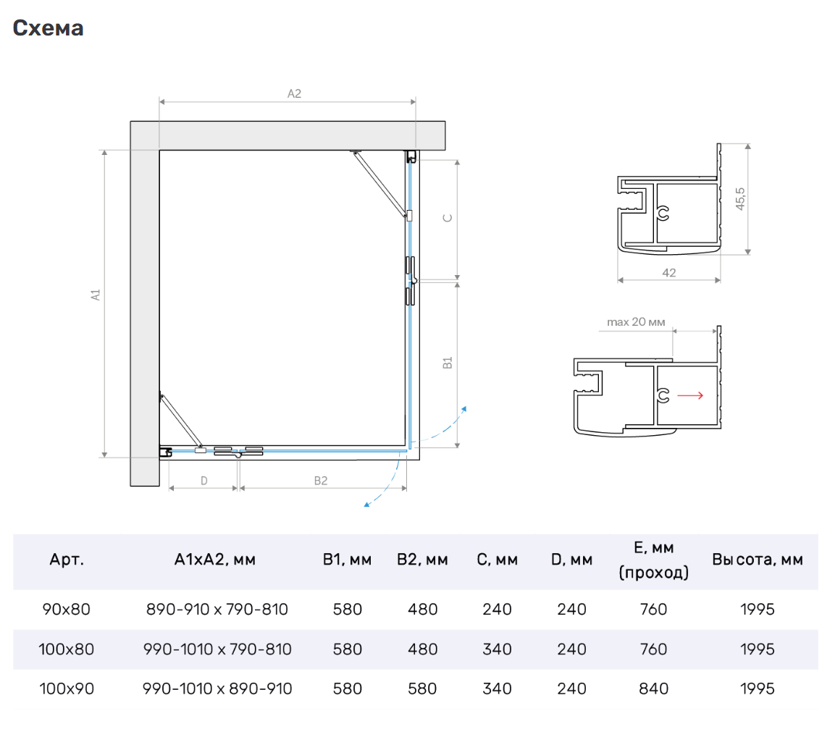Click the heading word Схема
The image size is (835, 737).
(48, 28)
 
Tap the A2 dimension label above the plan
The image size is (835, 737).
(294, 93)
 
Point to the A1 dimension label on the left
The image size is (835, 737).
(96, 295)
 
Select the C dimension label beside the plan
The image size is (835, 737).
(448, 218)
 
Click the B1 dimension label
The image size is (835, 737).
(448, 363)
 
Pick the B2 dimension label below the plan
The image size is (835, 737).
(321, 481)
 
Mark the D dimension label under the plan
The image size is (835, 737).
(204, 481)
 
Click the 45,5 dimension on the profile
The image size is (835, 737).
(740, 198)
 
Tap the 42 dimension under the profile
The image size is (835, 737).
(669, 273)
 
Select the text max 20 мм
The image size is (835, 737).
(636, 322)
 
